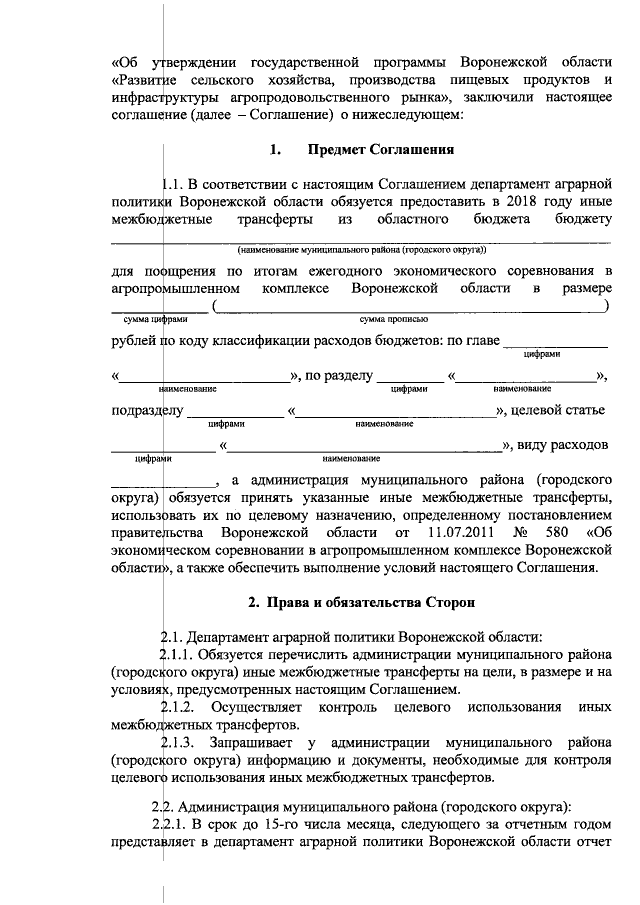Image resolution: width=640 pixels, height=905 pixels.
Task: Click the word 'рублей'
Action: pyautogui.click(x=134, y=341)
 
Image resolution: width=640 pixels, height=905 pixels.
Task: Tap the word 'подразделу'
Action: pyautogui.click(x=148, y=410)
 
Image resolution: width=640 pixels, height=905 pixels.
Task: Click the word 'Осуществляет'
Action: pyautogui.click(x=257, y=708)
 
